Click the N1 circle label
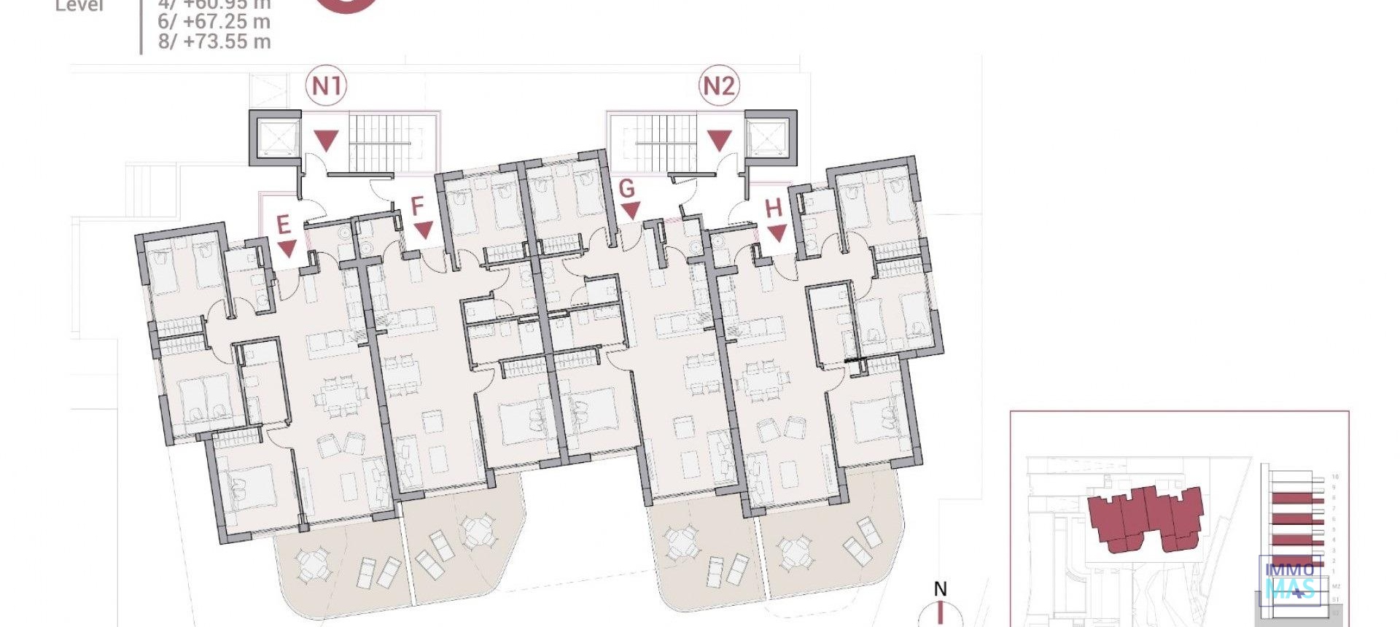326,86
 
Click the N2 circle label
719,86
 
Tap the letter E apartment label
284,225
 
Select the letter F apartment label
417,206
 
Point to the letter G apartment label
626,189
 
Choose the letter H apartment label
773,209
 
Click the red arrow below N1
326,140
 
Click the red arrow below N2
719,140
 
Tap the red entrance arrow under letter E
287,249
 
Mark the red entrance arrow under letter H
777,233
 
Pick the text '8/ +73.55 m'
214,42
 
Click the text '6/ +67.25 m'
214,22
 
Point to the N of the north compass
941,589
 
